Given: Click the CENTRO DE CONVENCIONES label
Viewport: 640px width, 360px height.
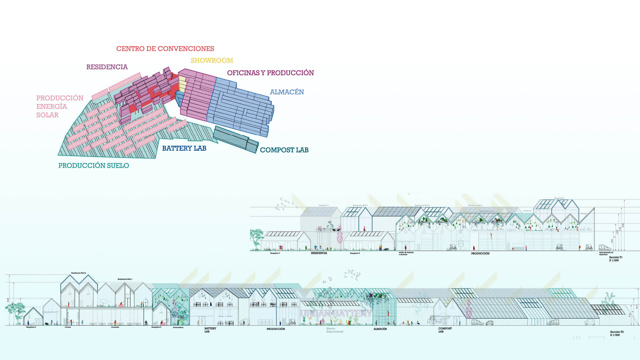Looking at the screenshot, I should [165, 49].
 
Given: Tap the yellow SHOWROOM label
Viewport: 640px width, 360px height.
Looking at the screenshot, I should [212, 60].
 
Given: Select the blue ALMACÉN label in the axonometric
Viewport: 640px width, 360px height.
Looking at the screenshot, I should [287, 92].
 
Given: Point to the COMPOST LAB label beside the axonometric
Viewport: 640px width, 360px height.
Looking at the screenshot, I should [284, 150].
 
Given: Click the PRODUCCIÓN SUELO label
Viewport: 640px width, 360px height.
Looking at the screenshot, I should [93, 165].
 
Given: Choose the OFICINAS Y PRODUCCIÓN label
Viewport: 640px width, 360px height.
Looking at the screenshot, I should [270, 73].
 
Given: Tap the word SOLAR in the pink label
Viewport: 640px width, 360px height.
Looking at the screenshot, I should [47, 115].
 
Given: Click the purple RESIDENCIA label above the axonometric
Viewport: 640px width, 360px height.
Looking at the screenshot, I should [107, 67].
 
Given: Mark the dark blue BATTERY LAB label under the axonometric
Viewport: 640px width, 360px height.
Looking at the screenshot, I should [184, 148].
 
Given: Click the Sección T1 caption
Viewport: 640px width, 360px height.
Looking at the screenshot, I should [616, 257].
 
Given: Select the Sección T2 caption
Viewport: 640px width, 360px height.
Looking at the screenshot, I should [617, 332].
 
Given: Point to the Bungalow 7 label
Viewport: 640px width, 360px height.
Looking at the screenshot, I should [275, 253].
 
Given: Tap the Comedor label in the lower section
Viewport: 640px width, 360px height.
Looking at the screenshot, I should [115, 327].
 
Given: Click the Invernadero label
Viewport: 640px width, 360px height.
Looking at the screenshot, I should [178, 327].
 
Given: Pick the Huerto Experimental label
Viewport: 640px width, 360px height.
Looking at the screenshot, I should [335, 330].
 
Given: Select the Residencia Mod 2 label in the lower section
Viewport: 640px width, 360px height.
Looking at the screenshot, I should [78, 273].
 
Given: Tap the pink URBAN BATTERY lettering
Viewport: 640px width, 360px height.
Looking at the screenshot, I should [336, 313].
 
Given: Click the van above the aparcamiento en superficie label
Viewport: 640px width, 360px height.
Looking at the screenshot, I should [605, 247].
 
